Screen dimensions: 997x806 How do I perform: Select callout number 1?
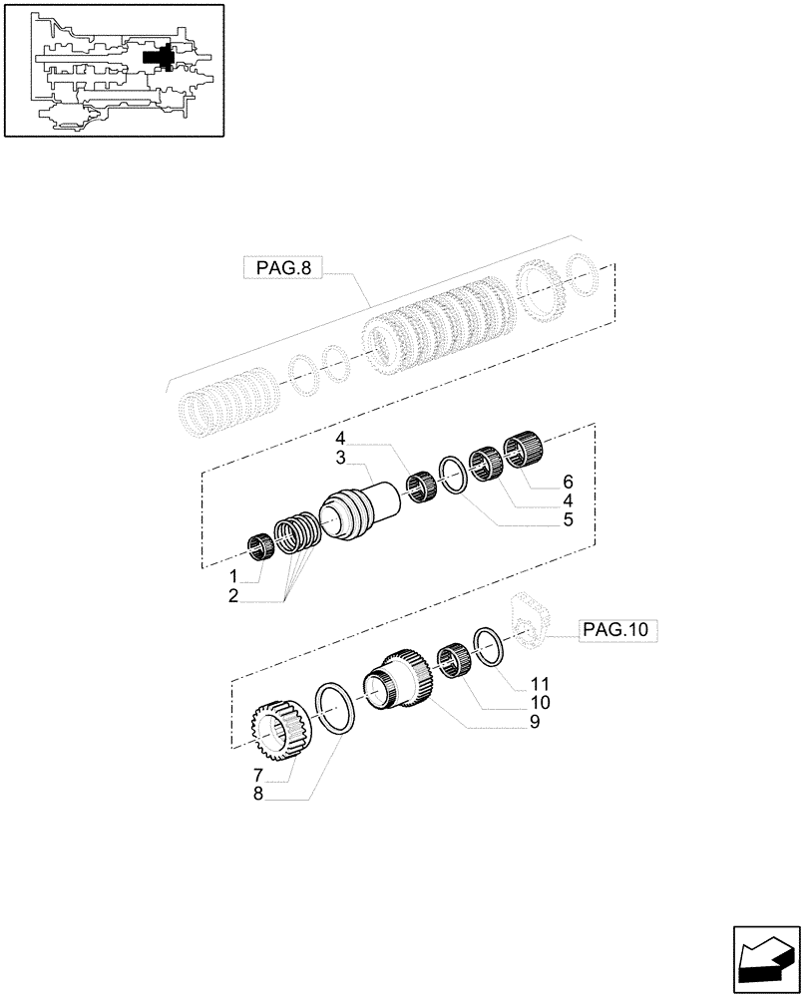click(232, 577)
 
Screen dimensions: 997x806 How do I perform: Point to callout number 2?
click(232, 596)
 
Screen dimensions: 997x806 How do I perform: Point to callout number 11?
click(540, 685)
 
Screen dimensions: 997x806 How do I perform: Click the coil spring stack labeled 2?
click(295, 533)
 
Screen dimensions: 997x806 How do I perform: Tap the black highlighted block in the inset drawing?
click(160, 59)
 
